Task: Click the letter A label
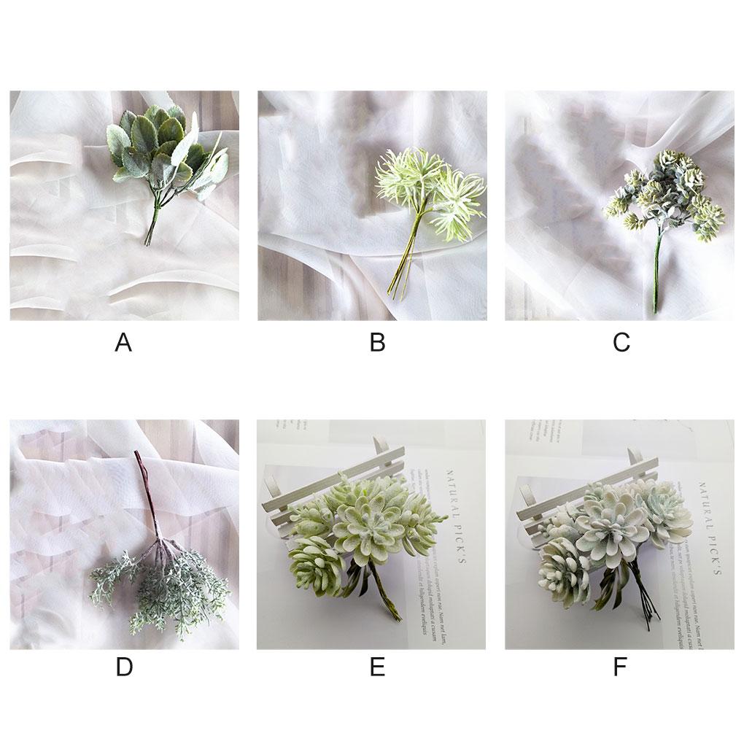coord(123,342)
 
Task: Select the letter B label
coord(377,342)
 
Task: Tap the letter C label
coord(621,342)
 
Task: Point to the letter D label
coord(124,667)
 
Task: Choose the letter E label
coord(377,667)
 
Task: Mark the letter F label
coord(620,667)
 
